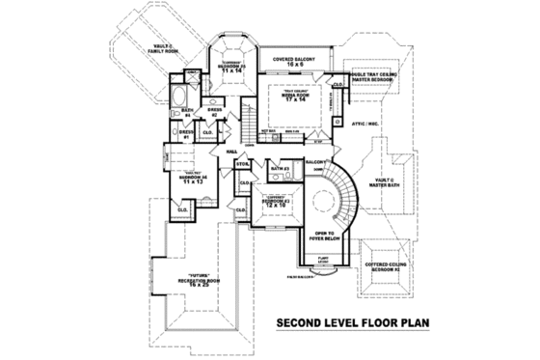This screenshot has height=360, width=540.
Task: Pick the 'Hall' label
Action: coord(231,152)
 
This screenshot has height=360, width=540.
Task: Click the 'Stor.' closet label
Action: coord(243,166)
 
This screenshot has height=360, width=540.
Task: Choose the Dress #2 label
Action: coord(214,112)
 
